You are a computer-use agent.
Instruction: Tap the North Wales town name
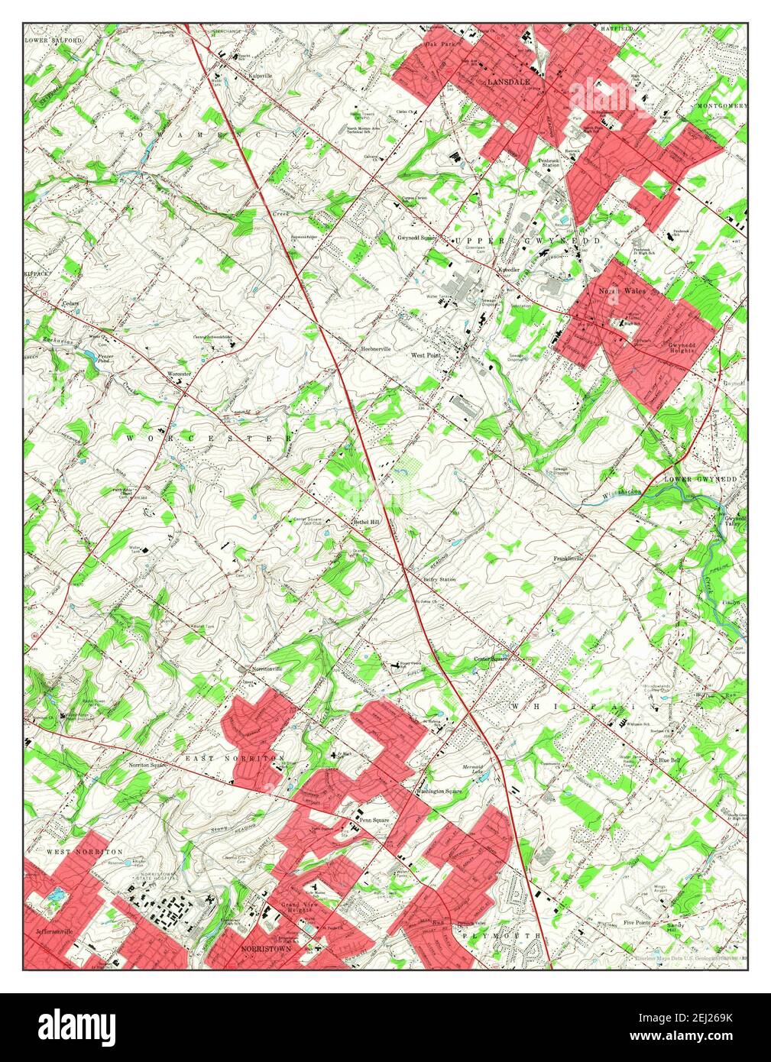622,291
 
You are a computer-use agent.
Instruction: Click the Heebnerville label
375,349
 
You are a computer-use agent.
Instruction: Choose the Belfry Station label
439,580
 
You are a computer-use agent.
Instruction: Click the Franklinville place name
569,559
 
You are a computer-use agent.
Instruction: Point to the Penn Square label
375,821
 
